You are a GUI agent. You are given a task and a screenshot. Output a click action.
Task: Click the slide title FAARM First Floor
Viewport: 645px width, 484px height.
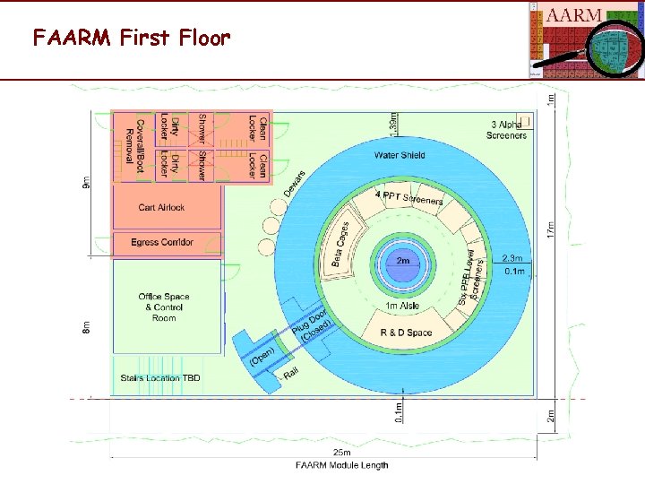click(132, 38)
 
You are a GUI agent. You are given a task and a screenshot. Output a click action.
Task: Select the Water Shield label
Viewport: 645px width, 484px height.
click(400, 155)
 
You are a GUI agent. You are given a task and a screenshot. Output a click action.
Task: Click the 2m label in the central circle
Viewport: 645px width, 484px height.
click(403, 261)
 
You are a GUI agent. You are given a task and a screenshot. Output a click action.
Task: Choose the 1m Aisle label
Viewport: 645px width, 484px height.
click(403, 307)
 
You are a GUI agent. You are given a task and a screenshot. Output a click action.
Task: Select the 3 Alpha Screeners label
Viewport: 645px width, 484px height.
click(507, 130)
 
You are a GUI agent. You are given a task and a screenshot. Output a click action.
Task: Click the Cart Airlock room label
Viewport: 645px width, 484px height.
click(161, 207)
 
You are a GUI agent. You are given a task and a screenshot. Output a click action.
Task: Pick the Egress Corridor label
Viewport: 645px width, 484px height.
click(162, 242)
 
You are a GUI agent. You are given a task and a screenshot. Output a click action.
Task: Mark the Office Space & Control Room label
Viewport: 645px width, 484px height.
click(164, 307)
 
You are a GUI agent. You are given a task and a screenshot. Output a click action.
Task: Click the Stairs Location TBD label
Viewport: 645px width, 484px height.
click(160, 378)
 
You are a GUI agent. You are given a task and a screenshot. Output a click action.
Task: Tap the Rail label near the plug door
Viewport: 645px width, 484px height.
click(291, 375)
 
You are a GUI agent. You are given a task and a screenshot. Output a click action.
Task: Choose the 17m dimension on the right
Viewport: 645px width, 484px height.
click(551, 229)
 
